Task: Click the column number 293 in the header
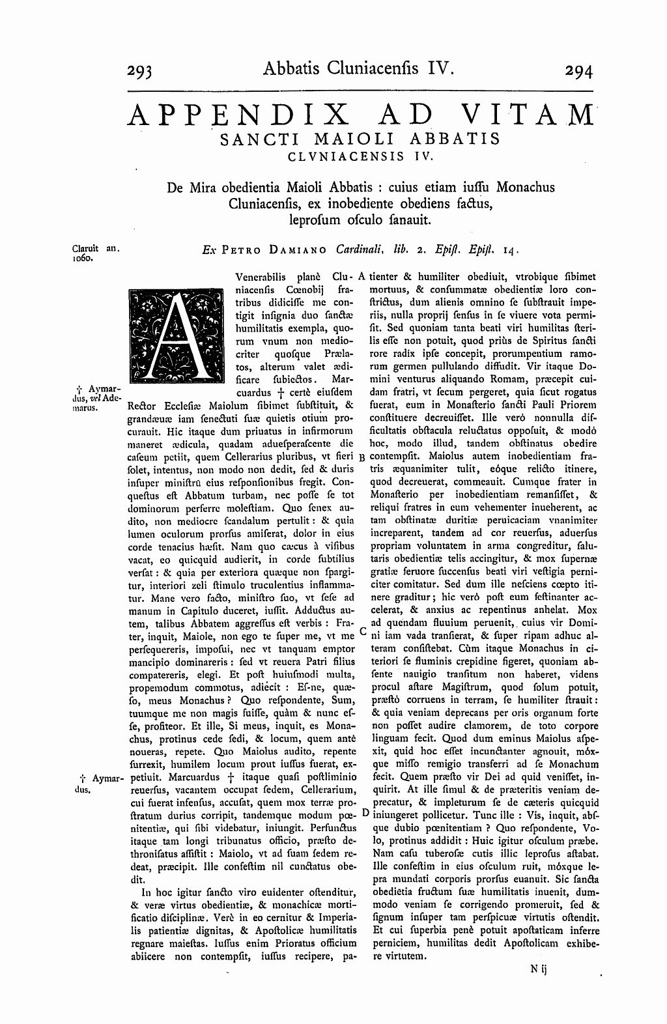(148, 70)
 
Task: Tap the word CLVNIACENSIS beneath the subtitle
(345, 156)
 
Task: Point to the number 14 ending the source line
(509, 249)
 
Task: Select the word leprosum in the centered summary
(312, 220)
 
